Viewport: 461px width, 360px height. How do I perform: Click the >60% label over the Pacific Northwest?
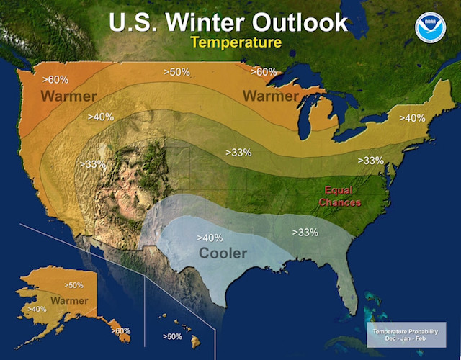[x=55, y=79]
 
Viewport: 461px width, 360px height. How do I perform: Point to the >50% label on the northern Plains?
[x=176, y=72]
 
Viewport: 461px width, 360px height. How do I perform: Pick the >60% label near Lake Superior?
[x=264, y=71]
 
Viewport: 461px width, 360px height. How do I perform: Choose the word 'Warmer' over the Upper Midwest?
[x=271, y=96]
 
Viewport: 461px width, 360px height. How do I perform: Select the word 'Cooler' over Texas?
[x=223, y=253]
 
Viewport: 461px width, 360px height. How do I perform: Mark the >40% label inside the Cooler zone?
[x=210, y=238]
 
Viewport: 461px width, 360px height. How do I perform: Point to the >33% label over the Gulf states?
[x=305, y=232]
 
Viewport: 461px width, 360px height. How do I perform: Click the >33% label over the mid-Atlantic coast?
[x=370, y=161]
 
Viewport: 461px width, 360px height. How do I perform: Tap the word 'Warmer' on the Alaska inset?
[x=69, y=300]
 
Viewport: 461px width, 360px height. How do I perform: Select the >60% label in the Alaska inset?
[x=122, y=330]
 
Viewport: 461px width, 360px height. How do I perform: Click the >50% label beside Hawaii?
[x=172, y=336]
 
